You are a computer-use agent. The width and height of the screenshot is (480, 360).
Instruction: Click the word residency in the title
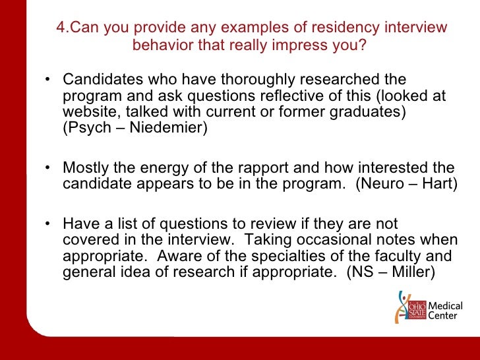click(x=316, y=28)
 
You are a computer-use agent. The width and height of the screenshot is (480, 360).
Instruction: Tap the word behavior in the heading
click(x=164, y=45)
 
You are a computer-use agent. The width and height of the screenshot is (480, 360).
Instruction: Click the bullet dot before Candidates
click(x=49, y=81)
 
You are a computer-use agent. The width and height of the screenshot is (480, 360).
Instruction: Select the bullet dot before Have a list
click(x=49, y=225)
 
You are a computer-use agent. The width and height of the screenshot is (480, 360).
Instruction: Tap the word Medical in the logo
click(x=446, y=306)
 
